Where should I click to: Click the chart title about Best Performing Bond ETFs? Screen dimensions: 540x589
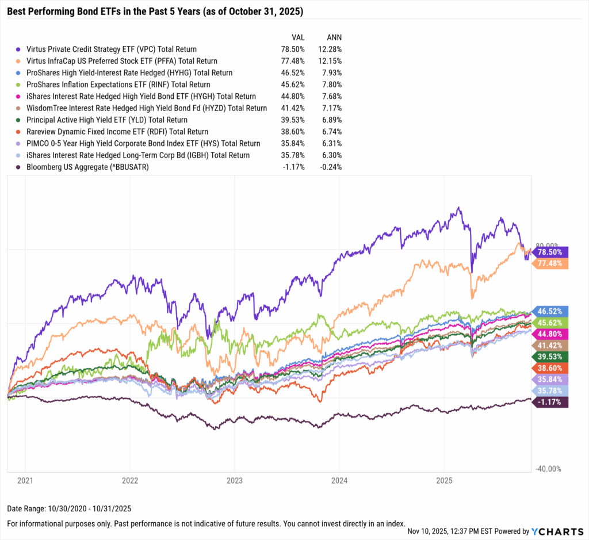tap(155, 12)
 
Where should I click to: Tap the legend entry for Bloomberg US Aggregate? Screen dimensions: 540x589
tap(86, 167)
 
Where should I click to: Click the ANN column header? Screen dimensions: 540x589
tap(333, 37)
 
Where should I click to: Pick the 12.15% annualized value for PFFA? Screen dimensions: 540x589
tap(331, 60)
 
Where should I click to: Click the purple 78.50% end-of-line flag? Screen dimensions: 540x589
tap(550, 252)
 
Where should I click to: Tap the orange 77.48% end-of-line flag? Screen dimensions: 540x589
tap(550, 263)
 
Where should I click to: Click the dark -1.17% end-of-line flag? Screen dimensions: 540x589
tap(550, 403)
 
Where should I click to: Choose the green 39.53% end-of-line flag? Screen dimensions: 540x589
tap(550, 357)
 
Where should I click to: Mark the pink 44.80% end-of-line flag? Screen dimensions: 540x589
tap(550, 334)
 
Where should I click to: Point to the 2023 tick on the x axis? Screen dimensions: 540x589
tap(235, 479)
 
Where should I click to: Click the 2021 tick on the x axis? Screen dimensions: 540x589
tap(25, 479)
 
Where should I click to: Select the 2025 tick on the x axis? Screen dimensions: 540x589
tap(445, 479)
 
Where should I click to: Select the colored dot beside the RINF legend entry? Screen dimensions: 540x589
tap(20, 85)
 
